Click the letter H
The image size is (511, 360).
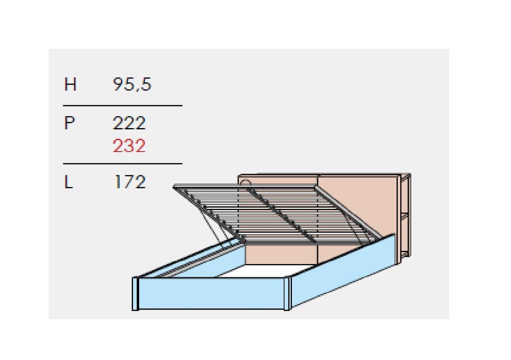[70, 84]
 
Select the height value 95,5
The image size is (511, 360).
[132, 84]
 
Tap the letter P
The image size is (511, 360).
[69, 123]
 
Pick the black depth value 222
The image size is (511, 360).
[129, 123]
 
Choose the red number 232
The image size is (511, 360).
[129, 146]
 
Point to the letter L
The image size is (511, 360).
[68, 182]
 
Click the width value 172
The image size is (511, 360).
[130, 182]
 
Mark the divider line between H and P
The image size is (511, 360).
[123, 106]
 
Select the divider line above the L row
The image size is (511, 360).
[123, 163]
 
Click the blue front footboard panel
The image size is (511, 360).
[212, 294]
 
